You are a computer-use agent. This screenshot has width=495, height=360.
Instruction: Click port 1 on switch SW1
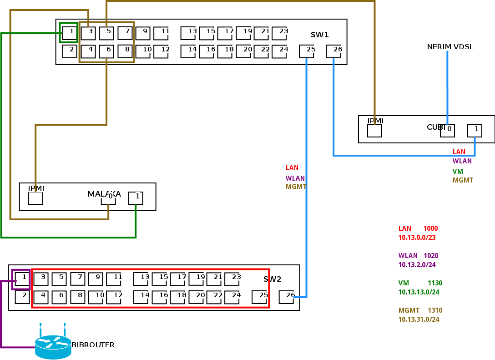(70, 33)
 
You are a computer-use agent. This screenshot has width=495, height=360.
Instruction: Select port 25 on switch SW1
(306, 51)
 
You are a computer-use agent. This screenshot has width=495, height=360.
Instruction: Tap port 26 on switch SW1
(333, 51)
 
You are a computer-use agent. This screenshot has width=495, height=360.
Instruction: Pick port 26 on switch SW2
(286, 297)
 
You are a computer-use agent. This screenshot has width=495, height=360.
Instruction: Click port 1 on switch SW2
(22, 279)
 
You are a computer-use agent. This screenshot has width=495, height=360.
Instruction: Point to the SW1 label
(319, 35)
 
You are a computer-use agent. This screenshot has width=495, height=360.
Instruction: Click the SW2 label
(272, 279)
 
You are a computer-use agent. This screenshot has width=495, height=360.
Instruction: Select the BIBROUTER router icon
(53, 347)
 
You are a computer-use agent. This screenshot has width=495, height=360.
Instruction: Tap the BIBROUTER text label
(93, 345)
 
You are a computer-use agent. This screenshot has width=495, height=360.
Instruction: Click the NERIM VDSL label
(450, 47)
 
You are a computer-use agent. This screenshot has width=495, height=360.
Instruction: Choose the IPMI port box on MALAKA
(35, 198)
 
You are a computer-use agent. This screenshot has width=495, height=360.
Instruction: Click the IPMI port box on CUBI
(374, 131)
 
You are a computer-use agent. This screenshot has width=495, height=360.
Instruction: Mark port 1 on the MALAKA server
(136, 198)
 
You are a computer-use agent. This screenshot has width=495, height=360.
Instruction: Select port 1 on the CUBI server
(475, 131)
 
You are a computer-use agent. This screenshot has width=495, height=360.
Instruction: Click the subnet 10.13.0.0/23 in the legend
(417, 238)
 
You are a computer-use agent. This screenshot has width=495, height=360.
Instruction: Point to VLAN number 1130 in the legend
(435, 283)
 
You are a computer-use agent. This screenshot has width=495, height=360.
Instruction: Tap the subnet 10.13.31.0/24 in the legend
(419, 319)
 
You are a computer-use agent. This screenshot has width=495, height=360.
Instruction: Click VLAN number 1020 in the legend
(431, 256)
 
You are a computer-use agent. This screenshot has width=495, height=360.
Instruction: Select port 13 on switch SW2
(141, 279)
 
